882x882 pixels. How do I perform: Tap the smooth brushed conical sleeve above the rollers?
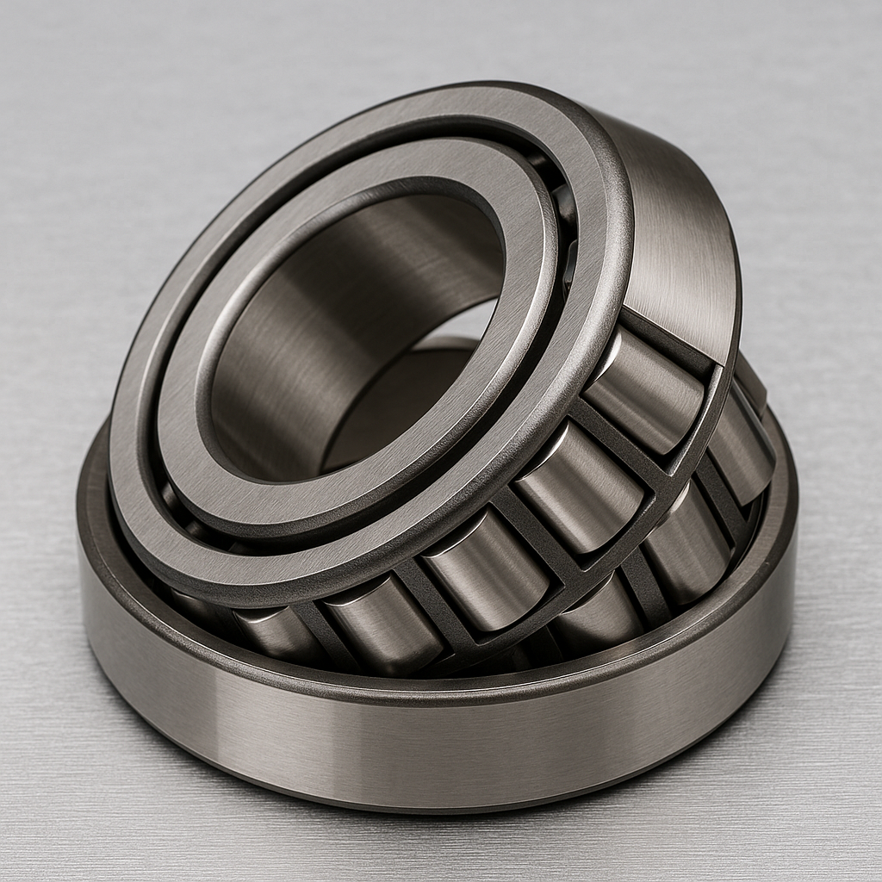point(680,233)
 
